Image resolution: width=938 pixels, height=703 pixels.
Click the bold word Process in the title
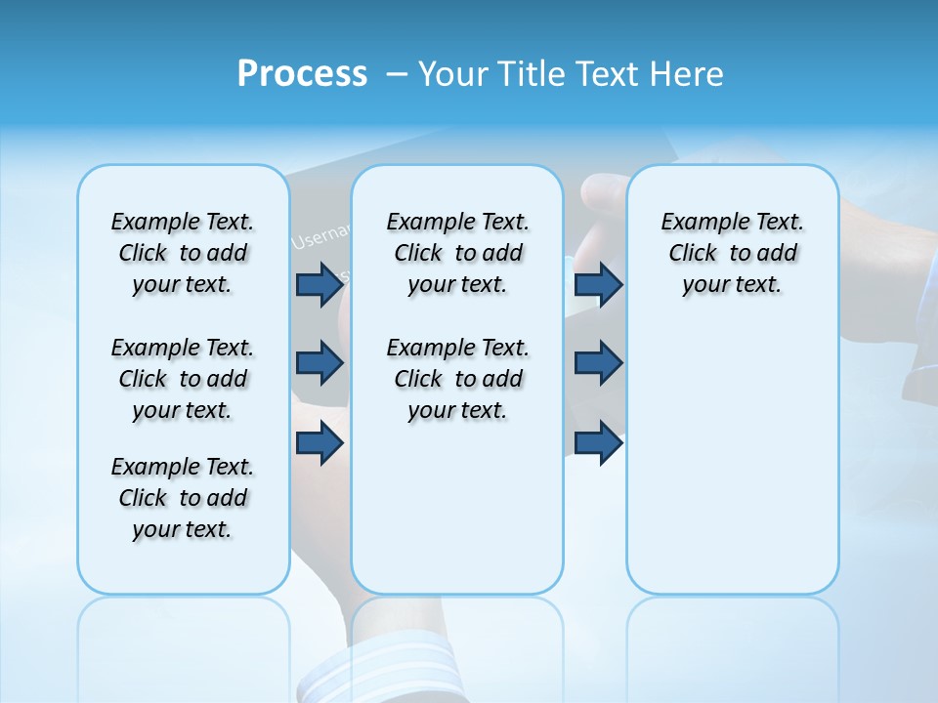[x=302, y=74]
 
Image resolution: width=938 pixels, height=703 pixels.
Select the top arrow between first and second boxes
[x=320, y=284]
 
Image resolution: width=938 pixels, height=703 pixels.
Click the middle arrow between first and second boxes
[x=320, y=363]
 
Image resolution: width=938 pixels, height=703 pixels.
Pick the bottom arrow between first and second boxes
[x=320, y=443]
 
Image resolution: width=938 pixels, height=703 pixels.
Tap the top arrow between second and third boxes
[x=598, y=284]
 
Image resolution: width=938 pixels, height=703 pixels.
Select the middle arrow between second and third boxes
[x=598, y=363]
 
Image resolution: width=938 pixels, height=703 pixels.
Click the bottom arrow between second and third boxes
[x=598, y=443]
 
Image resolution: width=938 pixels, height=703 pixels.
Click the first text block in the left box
[x=183, y=253]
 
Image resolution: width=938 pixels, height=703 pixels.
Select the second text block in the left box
[x=183, y=379]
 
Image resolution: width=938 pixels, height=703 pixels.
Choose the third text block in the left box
[x=183, y=498]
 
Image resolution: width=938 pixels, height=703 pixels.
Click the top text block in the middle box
[x=457, y=253]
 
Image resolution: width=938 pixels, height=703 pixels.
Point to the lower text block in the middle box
[x=457, y=379]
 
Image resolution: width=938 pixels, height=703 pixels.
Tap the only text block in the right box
[x=732, y=253]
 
